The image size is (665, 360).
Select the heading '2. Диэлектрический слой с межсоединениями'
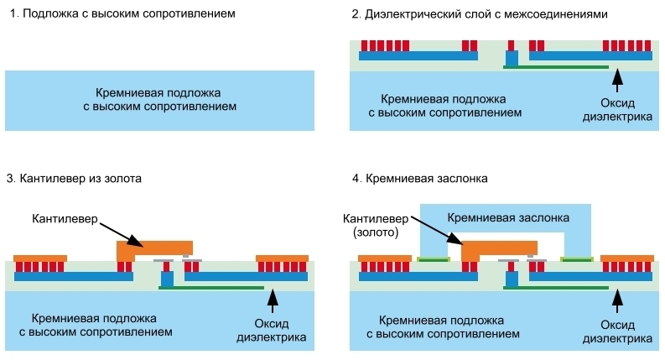coord(477,15)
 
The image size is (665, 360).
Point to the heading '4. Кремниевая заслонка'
coord(419,178)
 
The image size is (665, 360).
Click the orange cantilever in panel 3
coord(154,248)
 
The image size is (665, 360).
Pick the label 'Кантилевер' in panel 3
coord(64,219)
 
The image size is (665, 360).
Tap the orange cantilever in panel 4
coord(499,248)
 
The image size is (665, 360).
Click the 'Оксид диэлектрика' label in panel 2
coord(618,111)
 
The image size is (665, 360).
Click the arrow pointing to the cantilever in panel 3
coord(127,233)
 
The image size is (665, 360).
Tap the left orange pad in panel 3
coord(39,258)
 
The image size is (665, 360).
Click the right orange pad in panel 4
coord(627,258)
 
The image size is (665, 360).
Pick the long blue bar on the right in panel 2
coord(591,56)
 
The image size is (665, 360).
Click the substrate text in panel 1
coord(159,101)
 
